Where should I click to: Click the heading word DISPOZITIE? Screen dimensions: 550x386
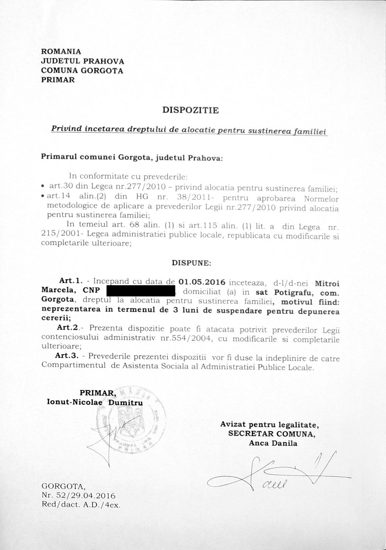(x=191, y=110)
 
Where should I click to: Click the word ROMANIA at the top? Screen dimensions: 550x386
(x=61, y=51)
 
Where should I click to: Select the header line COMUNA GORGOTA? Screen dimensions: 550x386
(x=82, y=71)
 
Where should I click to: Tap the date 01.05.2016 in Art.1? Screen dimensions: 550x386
(x=201, y=281)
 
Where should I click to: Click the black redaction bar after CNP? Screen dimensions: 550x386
(x=141, y=290)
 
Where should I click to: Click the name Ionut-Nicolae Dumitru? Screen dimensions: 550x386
(x=94, y=402)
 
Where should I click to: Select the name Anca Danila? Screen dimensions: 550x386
(x=273, y=443)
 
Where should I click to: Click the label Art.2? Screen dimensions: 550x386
(x=68, y=328)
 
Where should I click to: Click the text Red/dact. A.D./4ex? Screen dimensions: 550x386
(x=81, y=504)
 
